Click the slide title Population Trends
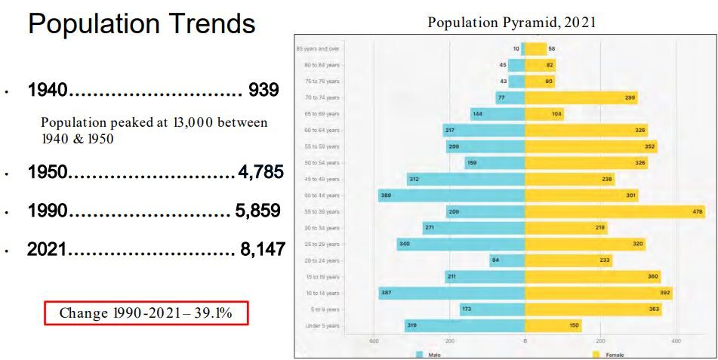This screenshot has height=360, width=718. (x=141, y=24)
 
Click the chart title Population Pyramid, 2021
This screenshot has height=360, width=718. (x=511, y=22)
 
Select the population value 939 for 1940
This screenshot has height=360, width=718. (x=264, y=91)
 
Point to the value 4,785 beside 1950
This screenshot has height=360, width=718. (x=260, y=172)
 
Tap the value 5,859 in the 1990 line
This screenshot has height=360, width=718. (x=258, y=211)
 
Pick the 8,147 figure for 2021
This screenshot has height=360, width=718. (x=262, y=249)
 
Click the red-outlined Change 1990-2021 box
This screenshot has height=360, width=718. (x=146, y=313)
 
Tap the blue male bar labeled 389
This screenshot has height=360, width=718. (x=451, y=195)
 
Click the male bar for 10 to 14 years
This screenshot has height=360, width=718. (x=451, y=294)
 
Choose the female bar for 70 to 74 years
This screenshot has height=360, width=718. (x=581, y=97)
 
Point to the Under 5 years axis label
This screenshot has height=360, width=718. (x=322, y=326)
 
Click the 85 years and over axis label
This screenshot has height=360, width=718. (x=318, y=48)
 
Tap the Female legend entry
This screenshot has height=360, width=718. (x=608, y=354)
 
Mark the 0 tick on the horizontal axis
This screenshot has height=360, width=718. (x=525, y=341)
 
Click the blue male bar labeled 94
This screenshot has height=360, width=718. (x=507, y=261)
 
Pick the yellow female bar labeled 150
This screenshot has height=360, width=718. (x=553, y=326)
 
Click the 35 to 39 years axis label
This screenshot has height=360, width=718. (x=322, y=212)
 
